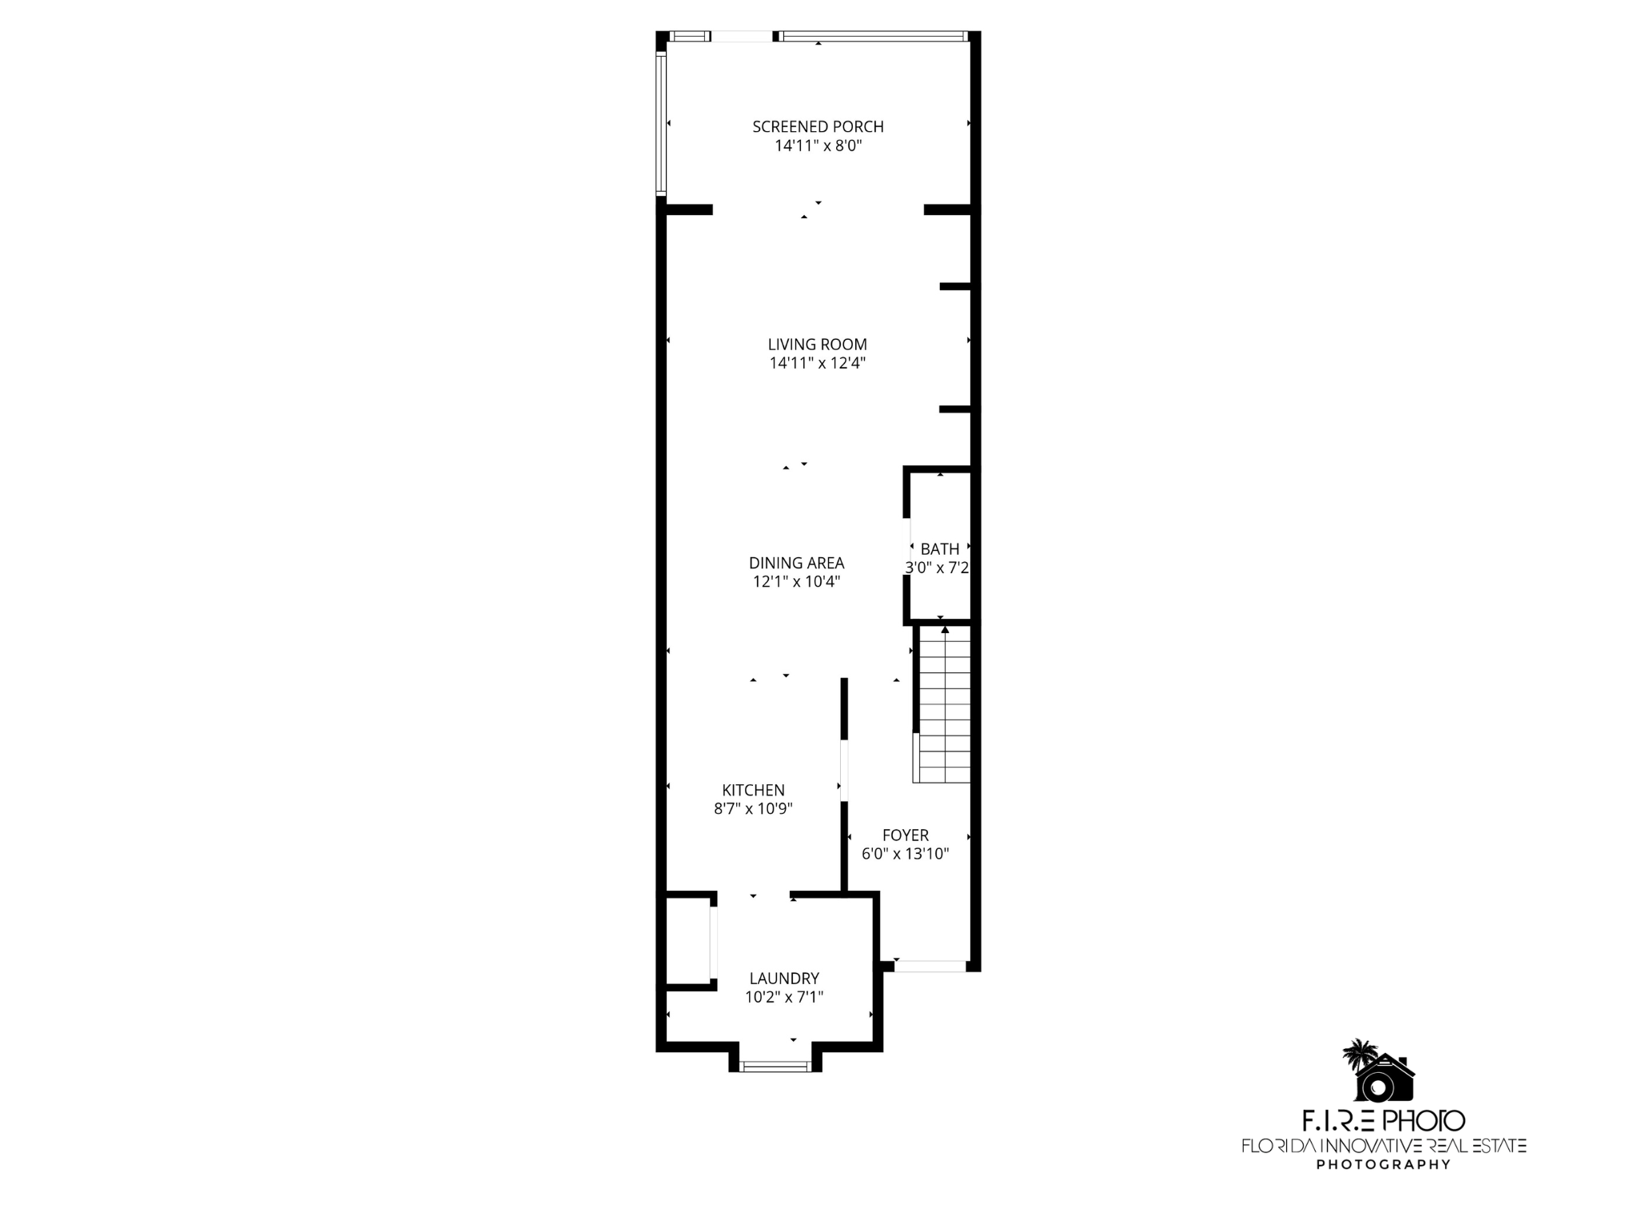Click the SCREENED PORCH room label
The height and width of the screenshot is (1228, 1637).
pyautogui.click(x=818, y=126)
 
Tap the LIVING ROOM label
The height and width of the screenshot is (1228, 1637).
pyautogui.click(x=817, y=345)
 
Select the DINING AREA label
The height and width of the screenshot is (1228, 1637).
pyautogui.click(x=796, y=563)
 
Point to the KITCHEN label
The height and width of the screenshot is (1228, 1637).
pyautogui.click(x=753, y=790)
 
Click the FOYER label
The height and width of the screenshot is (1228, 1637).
pyautogui.click(x=905, y=835)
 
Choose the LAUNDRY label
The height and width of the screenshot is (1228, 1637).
pyautogui.click(x=783, y=978)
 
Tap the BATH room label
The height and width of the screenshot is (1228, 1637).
pyautogui.click(x=939, y=549)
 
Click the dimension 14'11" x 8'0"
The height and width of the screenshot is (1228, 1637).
pyautogui.click(x=818, y=146)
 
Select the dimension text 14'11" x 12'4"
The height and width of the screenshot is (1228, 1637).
pyautogui.click(x=817, y=364)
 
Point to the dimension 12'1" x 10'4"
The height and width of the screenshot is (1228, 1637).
pyautogui.click(x=796, y=582)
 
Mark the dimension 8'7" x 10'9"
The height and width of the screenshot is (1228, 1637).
pyautogui.click(x=753, y=809)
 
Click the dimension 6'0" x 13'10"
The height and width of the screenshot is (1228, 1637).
pyautogui.click(x=905, y=854)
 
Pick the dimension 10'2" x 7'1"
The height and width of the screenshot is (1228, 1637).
pyautogui.click(x=783, y=997)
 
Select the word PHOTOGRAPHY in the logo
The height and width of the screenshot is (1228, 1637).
pyautogui.click(x=1383, y=1164)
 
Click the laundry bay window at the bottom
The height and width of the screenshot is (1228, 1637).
pyautogui.click(x=775, y=1066)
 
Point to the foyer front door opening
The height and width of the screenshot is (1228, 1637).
pyautogui.click(x=930, y=967)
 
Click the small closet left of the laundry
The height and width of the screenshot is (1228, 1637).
pyautogui.click(x=687, y=940)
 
